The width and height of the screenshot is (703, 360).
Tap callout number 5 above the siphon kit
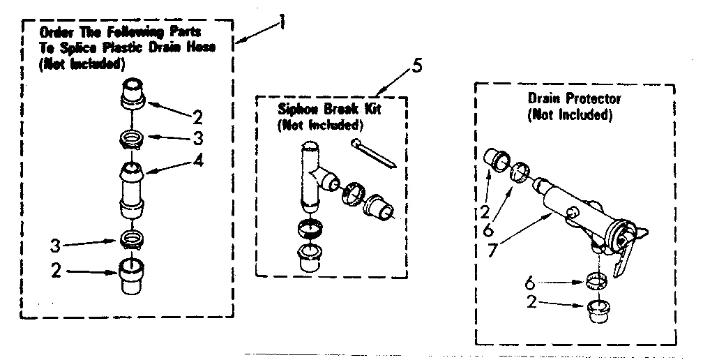416,68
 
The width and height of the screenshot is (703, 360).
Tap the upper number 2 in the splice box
197,114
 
